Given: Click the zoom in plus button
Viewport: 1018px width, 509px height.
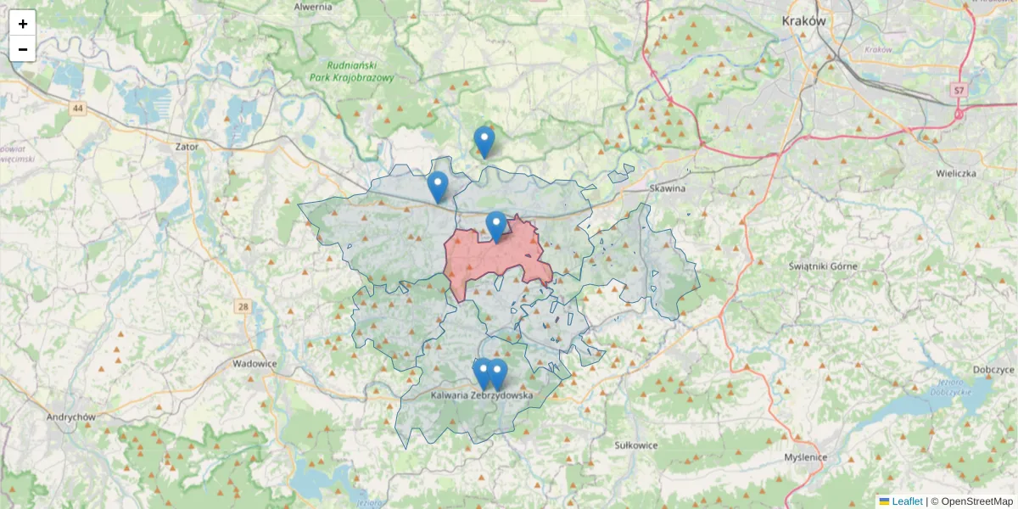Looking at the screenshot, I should click(x=23, y=24).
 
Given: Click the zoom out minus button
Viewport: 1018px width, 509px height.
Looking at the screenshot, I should click(x=23, y=49).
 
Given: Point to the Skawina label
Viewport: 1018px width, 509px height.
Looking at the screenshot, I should click(x=666, y=188).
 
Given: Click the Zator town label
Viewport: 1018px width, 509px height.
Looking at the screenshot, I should click(x=187, y=146).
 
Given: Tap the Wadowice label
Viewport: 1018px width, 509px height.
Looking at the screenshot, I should click(x=255, y=363).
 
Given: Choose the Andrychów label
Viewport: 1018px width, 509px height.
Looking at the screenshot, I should click(x=71, y=417).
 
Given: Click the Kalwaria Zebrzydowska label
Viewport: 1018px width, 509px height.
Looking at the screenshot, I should click(x=481, y=395).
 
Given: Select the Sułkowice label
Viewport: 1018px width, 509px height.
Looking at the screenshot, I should click(x=636, y=444).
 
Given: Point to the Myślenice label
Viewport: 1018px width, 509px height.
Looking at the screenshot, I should click(x=805, y=457).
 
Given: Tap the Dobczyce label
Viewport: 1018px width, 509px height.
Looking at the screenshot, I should click(x=994, y=370).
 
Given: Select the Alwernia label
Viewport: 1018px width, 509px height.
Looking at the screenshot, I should click(x=313, y=7).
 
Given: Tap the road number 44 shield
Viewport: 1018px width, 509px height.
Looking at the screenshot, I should click(x=79, y=108).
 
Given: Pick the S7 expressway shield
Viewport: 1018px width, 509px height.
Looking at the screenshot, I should click(x=959, y=90).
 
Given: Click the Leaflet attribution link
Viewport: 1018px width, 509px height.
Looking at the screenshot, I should click(x=907, y=501).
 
